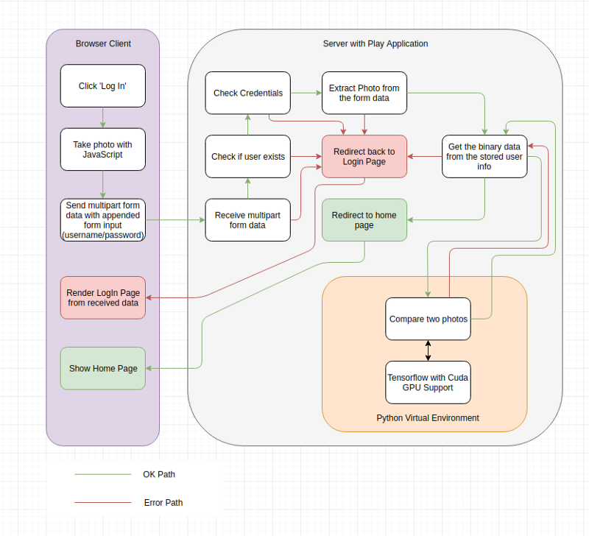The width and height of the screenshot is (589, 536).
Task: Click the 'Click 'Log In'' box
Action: point(102,85)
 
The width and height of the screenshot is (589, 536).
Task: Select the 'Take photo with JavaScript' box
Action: point(102,149)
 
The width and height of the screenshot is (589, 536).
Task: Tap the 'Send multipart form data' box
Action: point(102,219)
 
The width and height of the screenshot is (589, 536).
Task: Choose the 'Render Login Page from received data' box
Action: point(102,297)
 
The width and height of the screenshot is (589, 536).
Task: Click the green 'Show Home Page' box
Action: point(102,368)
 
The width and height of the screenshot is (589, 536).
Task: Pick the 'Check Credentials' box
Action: point(247,93)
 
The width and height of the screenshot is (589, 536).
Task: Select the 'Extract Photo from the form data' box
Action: point(364,93)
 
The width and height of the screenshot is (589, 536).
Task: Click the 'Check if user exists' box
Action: point(247,156)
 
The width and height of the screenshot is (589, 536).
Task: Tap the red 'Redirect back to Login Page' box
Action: point(364,156)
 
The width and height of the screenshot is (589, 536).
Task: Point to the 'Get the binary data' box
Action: point(484,156)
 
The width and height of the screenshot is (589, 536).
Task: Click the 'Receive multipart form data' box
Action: point(247,219)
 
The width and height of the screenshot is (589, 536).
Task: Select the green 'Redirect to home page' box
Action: point(364,219)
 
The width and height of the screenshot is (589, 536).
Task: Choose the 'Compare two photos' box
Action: point(428,319)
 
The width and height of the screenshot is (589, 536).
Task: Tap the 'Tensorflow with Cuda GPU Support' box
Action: point(428,382)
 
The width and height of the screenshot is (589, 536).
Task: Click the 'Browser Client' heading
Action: point(103,43)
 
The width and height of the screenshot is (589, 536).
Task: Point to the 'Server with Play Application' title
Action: point(375,43)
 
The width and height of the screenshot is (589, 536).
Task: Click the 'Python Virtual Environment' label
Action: point(428,418)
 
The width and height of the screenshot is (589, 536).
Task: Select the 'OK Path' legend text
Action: point(159,474)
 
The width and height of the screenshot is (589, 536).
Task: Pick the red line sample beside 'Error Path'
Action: point(103,502)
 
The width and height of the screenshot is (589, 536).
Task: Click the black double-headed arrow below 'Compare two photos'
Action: point(428,350)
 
